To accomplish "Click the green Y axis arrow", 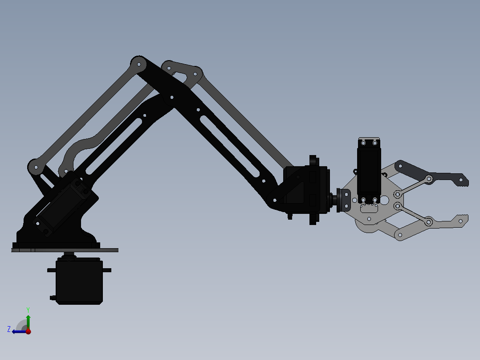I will coord(28,320).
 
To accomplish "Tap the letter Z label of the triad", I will coord(9,329).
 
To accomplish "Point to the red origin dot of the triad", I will coord(28,331).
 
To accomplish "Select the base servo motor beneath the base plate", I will coord(79,282).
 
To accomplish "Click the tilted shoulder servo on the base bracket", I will coord(62,205).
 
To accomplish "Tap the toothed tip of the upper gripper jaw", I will coord(463,180).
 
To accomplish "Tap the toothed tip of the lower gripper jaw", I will coord(463,220).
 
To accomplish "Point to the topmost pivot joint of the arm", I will coord(138,64).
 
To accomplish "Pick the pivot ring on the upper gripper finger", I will coord(429,179).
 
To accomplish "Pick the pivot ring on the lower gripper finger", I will coord(429,221).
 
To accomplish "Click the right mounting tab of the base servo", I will coord(107,270).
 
